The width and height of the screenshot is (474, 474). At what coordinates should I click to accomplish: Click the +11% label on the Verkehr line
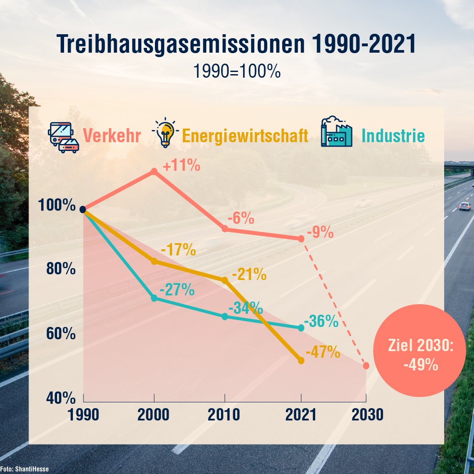point(181,167)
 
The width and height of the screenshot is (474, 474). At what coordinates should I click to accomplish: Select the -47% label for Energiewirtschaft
point(323,352)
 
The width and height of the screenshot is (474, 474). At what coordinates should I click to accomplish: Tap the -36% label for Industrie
point(321,321)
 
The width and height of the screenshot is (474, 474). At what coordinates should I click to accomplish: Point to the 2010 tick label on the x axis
point(225,415)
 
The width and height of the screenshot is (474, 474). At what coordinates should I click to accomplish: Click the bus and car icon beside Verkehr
point(64,137)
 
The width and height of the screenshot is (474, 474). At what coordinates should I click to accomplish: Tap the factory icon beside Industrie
point(337,132)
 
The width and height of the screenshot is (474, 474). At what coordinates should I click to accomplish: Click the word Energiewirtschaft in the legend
point(245,136)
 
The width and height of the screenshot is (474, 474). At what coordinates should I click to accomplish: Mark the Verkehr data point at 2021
point(301,239)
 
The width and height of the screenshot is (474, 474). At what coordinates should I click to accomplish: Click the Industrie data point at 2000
point(154,298)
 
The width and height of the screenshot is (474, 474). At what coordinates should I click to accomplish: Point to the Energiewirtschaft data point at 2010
point(225,280)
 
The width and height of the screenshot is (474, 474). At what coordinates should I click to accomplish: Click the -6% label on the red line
point(241,218)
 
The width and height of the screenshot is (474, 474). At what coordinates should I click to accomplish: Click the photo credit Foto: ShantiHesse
point(25,469)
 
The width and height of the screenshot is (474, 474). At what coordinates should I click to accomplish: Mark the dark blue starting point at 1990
point(83,209)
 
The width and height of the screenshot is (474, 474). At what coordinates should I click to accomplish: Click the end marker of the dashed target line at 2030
point(366,366)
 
